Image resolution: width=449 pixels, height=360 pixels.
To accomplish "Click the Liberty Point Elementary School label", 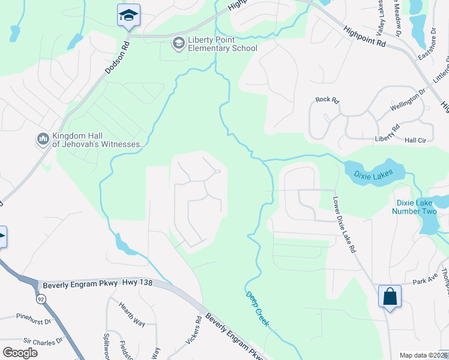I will click(222, 44).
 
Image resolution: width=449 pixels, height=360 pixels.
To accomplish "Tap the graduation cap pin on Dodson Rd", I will click(128, 15).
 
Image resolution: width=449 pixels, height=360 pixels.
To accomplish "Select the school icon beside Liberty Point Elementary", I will click(178, 43).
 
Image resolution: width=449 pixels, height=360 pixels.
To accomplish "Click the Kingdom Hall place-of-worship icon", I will click(43, 139).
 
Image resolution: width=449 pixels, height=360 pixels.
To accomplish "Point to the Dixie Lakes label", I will click(373, 175).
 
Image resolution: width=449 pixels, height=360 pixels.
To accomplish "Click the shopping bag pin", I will click(390, 296).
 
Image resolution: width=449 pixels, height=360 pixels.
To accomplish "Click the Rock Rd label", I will click(327, 100).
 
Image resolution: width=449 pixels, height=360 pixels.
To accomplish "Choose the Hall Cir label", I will click(415, 140).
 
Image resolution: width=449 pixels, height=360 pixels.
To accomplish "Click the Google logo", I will click(20, 353).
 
